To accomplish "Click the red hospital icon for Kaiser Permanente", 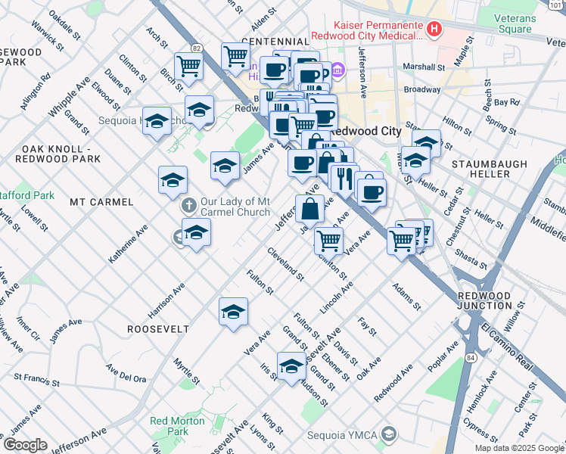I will coord(434,30).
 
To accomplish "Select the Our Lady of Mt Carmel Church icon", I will coord(188,205).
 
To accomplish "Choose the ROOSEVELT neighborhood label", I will coord(157,329).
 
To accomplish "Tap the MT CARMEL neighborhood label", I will coord(101,202).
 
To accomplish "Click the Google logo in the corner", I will coord(25,445).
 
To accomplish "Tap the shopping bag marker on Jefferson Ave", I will coord(310,209).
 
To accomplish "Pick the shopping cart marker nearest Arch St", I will coord(188,66).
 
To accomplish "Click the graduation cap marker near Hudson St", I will coord(291,367).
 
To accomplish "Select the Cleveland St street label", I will coord(285,263).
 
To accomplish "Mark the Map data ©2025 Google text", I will coord(518,448).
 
